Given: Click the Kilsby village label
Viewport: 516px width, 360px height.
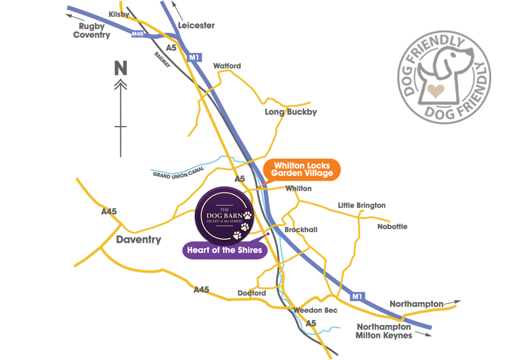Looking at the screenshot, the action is pos(119,14).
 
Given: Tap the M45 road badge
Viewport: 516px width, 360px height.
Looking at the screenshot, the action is pos(138,34).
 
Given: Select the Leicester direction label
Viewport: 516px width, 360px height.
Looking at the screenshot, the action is pos(196,25).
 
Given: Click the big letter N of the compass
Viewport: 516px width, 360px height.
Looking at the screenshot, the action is pos(120,68).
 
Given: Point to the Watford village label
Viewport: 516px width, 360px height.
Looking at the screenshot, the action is pos(227,66).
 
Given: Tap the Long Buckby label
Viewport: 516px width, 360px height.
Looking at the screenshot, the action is pos(291,112).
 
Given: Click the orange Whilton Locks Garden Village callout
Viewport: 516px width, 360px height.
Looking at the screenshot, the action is pos(302,170).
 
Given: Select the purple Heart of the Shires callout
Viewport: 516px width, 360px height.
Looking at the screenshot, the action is pos(225,250).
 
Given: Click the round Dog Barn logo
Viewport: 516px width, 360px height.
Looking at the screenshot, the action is pos(225,216).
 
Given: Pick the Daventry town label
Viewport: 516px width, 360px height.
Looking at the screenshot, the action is pos(138,239).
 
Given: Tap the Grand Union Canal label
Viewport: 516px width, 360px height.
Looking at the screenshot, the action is pos(179,172).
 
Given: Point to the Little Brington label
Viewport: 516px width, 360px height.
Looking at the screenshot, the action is pos(362,205).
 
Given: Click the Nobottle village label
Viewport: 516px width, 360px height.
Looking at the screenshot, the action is pos(392,226).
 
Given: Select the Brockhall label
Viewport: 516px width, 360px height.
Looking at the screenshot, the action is pos(301,230).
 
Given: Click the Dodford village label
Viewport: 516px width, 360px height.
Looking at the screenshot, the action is pos(252,293).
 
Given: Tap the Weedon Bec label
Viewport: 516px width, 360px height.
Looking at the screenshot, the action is pos(315,310).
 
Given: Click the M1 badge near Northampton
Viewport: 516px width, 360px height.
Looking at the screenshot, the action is pos(358,296).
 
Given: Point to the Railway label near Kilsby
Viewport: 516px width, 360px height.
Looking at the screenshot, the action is pos(163,59).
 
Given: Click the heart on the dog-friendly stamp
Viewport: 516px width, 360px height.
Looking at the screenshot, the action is pos(436,91).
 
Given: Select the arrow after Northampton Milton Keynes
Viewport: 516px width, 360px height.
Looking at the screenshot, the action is pos(424,334).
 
